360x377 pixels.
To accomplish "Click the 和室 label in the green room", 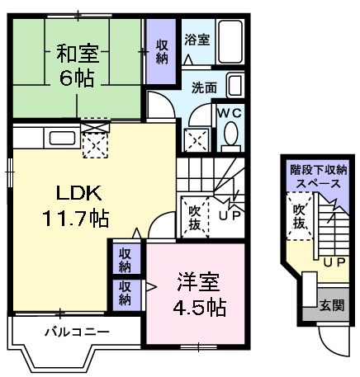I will tap(78, 54).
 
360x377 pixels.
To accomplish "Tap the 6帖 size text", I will tap(78, 79).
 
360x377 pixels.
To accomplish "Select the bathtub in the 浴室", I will tap(231, 40).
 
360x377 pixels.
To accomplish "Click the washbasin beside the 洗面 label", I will tap(234, 86).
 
